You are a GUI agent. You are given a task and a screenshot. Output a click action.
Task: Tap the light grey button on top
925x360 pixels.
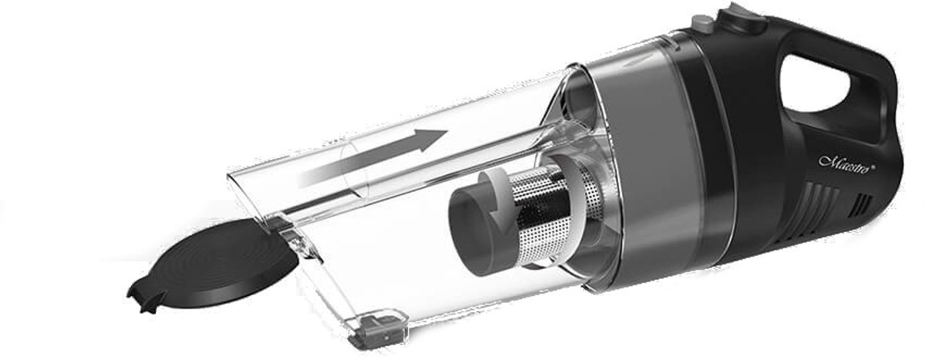point(702,24)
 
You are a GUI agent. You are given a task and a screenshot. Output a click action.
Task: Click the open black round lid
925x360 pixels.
point(213,266)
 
